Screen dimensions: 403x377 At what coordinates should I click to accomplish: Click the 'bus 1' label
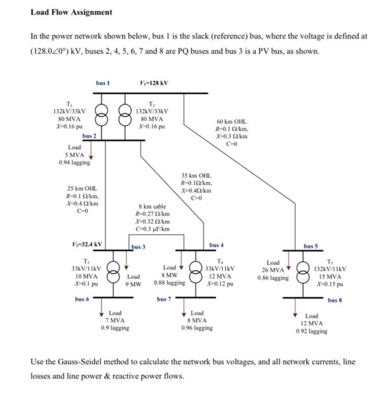(103, 82)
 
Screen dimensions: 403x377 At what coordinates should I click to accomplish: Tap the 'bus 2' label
(89, 136)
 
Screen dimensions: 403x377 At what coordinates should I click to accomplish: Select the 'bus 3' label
(138, 247)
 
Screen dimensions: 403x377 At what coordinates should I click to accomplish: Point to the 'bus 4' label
(216, 245)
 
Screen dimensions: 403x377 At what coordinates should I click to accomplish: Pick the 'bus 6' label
(82, 299)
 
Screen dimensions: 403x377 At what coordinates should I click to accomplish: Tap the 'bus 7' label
(164, 300)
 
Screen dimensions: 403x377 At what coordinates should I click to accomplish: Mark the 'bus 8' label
(335, 300)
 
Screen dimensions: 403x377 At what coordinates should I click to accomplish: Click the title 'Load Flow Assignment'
(71, 12)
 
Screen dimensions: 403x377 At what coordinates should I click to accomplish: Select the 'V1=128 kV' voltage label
(153, 82)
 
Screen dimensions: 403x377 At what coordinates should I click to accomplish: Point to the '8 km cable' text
(152, 206)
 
